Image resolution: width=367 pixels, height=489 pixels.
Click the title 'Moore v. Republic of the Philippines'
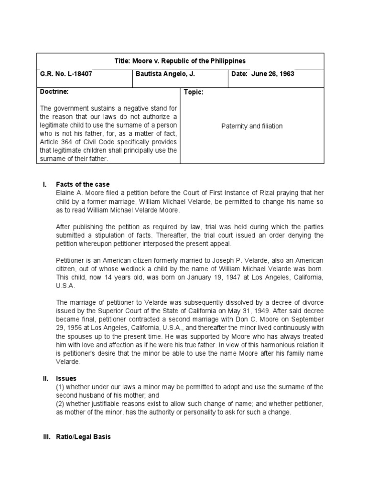coord(180,61)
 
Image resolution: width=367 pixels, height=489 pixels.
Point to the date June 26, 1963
coord(263,74)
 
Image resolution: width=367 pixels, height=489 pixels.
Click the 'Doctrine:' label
coord(54,91)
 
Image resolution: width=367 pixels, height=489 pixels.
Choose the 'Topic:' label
coord(194,92)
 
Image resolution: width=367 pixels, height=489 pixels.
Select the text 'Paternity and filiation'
coord(252,126)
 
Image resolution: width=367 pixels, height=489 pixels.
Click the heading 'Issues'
coord(66,378)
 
